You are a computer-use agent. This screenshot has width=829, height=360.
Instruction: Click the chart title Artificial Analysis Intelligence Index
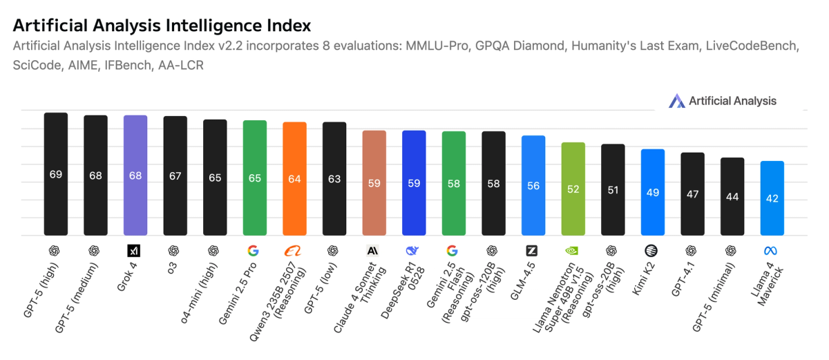162,26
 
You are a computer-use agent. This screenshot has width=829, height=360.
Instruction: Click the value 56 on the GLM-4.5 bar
533,186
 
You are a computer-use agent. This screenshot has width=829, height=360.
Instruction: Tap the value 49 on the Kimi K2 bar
653,193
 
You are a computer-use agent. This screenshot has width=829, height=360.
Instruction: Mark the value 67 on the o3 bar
175,176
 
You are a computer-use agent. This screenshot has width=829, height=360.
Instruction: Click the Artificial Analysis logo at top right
723,101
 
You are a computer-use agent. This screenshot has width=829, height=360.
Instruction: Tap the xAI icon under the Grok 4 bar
135,250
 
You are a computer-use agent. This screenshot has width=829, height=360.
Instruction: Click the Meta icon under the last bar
772,250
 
